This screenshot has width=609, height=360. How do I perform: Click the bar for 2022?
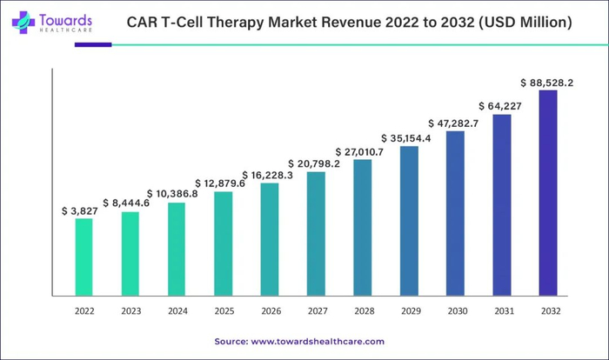click(x=84, y=257)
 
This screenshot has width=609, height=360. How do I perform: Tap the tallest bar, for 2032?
click(x=548, y=192)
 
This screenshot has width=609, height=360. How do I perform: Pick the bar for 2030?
click(x=455, y=213)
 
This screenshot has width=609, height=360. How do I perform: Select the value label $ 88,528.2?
click(x=547, y=83)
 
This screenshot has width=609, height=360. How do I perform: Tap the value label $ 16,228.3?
click(x=271, y=175)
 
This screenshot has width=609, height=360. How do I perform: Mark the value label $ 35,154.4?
click(x=410, y=138)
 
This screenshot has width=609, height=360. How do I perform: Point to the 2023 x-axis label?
click(x=130, y=310)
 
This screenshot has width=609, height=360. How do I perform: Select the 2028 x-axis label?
click(x=363, y=310)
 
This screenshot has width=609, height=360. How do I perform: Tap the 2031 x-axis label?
click(x=502, y=310)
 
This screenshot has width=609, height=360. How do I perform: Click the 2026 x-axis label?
click(x=270, y=310)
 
